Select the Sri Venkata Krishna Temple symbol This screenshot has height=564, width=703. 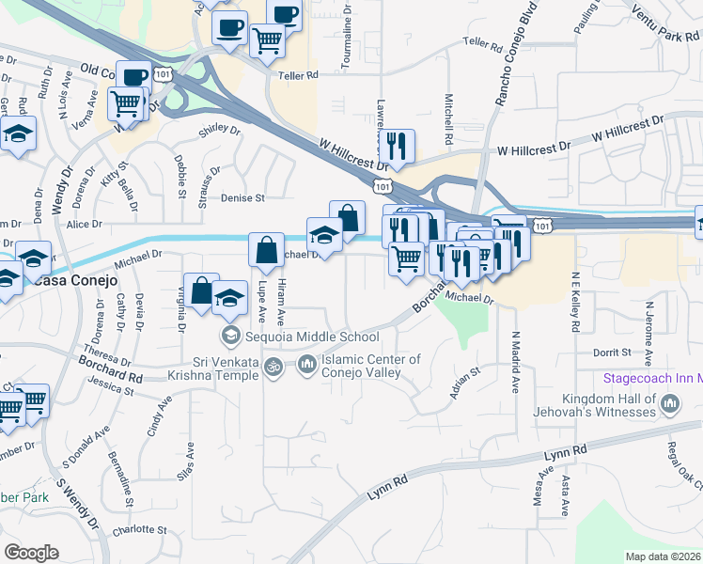point(273,366)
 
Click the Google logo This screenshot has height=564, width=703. point(31,553)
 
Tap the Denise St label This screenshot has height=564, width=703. point(243,198)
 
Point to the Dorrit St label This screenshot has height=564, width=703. point(611,352)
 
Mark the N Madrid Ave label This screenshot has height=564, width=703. point(516,362)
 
